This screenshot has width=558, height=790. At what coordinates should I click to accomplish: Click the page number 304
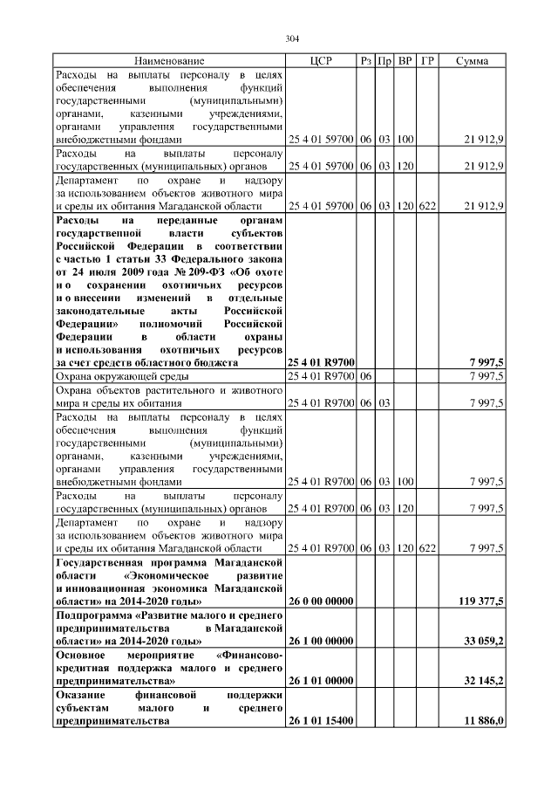tap(292, 38)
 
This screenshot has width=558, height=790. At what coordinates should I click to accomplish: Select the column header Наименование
tap(169, 61)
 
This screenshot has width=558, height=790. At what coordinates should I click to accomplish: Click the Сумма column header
tap(472, 61)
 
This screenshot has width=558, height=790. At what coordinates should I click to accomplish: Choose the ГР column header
tap(427, 61)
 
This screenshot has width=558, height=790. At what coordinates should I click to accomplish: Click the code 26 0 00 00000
tap(320, 601)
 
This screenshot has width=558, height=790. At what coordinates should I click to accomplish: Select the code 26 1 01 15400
tap(320, 722)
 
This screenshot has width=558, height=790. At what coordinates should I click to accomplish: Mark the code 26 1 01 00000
tap(320, 678)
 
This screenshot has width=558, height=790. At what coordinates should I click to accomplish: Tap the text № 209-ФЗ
tap(198, 271)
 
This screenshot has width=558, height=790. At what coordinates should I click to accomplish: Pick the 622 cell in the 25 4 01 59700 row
tap(427, 206)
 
